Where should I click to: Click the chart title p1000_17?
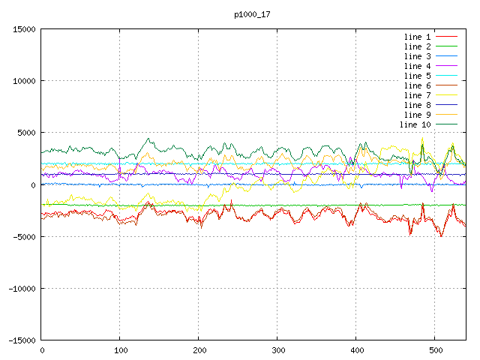pos(252,15)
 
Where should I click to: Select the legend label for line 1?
pos(417,37)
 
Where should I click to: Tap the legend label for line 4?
pos(417,66)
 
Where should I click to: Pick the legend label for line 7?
pos(417,95)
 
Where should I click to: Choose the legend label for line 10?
pos(415,124)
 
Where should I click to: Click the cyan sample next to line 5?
pos(446,75)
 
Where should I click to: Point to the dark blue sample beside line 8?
pos(446,105)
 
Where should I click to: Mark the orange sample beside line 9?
pos(446,115)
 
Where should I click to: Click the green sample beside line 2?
pos(446,46)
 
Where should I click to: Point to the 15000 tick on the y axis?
pos(24,29)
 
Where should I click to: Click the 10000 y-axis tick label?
pos(24,81)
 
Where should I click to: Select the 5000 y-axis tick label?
pos(26,133)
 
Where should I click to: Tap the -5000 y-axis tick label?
pos(24,237)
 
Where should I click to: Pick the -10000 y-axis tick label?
pos(22,288)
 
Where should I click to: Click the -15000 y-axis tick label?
pos(22,340)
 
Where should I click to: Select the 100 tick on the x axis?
pos(121,350)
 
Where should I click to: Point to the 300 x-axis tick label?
pos(278,350)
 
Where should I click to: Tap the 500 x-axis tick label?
pos(436,350)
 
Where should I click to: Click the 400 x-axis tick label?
pos(357,350)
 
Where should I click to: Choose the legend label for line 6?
pos(417,85)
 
